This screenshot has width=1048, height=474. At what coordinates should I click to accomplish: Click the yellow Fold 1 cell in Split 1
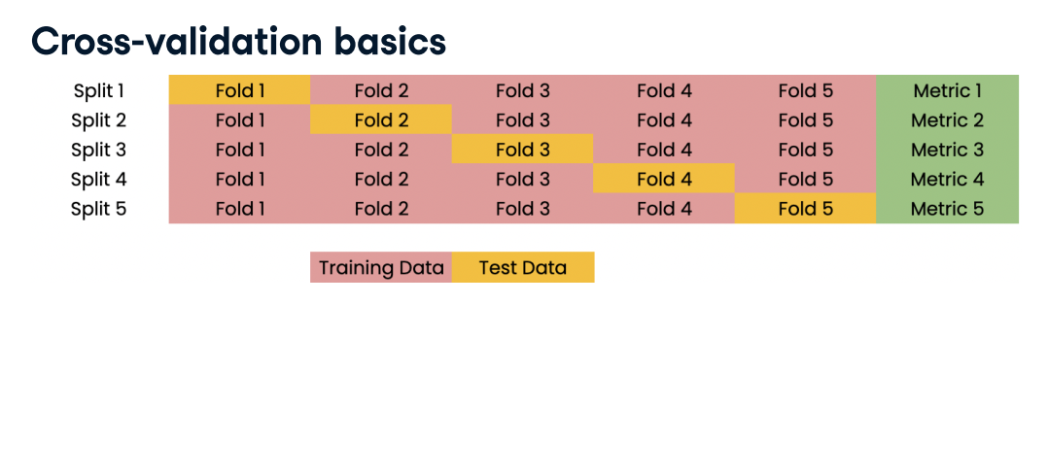pos(239,90)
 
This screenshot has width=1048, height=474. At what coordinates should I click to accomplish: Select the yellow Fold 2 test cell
pos(381,120)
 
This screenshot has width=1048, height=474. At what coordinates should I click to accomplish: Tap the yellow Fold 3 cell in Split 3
pos(523,150)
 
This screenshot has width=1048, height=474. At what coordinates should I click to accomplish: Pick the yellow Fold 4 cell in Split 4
pos(664,179)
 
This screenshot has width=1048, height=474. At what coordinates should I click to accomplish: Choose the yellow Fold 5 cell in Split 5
pos(805,208)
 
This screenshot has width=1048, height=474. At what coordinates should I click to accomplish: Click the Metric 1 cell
pos(947,90)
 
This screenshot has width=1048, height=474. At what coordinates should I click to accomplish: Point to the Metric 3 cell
pos(947,150)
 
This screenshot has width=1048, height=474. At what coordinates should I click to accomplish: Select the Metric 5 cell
pos(947,208)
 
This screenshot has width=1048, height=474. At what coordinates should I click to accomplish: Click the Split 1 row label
pos(99,90)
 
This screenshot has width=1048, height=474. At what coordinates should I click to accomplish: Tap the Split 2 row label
pos(99,120)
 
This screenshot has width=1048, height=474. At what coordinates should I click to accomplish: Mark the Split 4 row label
pos(99,179)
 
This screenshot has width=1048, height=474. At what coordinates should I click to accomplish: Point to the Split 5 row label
pos(99,209)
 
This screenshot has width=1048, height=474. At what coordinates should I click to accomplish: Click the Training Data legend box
pos(381,267)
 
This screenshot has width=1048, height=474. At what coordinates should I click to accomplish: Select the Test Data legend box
pos(523,267)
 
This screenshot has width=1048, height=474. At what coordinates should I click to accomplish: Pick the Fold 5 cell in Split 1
pos(805,90)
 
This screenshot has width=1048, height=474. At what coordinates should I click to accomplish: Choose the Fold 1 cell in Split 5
pos(239,208)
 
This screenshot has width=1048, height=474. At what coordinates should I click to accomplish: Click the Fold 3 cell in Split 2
pos(523,120)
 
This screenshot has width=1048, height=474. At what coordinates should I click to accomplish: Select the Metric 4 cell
pos(947,179)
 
